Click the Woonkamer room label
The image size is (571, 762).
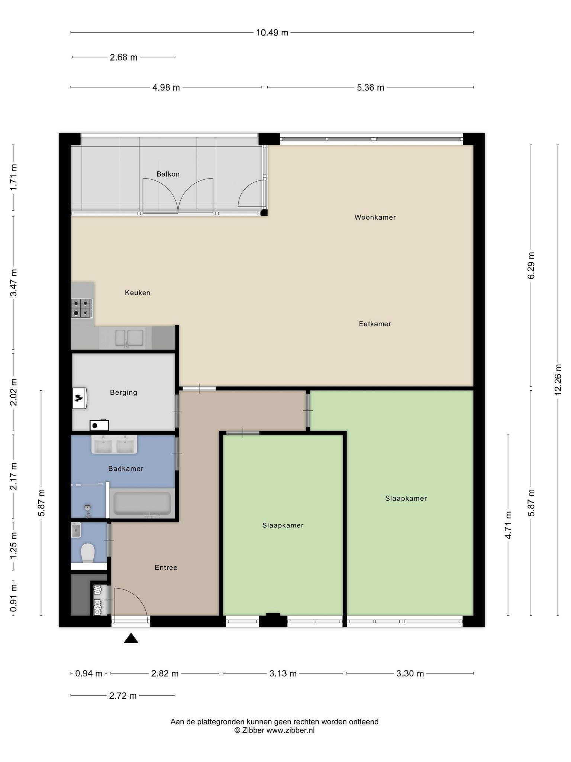click(375, 217)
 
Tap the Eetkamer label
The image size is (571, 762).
click(375, 324)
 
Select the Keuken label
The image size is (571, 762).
click(138, 293)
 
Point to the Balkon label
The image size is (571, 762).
click(168, 174)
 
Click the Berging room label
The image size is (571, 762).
click(123, 393)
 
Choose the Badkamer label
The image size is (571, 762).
click(126, 468)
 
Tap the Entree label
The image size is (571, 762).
click(166, 567)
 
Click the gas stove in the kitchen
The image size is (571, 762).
click(82, 308)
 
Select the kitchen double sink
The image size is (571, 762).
click(129, 338)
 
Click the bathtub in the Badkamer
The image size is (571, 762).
click(142, 503)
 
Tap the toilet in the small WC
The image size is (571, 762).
click(88, 553)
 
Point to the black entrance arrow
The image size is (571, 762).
click(131, 638)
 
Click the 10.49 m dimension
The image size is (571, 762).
click(272, 33)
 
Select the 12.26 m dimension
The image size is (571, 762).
click(558, 380)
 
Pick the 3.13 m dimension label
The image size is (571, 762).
click(283, 673)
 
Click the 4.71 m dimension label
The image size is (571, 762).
click(508, 525)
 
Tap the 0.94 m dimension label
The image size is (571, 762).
click(88, 673)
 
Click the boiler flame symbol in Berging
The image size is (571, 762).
click(79, 398)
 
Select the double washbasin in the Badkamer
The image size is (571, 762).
click(114, 444)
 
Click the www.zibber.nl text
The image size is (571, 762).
click(290, 730)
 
